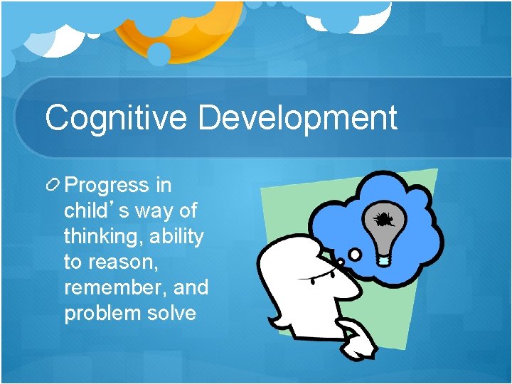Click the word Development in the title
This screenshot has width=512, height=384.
(x=297, y=117)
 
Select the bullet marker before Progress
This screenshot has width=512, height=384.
(x=53, y=186)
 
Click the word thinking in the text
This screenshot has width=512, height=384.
(x=103, y=237)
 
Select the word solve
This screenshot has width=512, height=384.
(x=170, y=314)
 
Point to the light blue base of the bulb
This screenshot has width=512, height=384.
(x=384, y=261)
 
